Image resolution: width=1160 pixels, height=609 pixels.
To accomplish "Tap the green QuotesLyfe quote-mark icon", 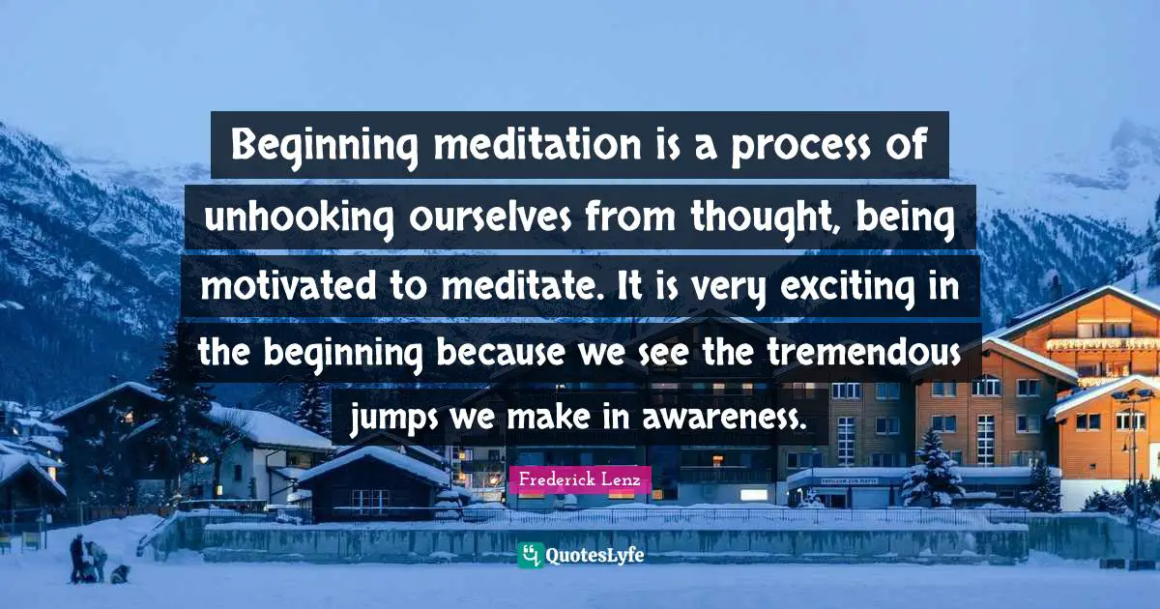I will pos(529,555).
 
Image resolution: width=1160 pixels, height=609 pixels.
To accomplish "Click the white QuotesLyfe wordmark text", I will pos(594,556).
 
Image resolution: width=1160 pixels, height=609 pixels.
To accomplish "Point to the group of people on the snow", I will pos(89,561).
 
